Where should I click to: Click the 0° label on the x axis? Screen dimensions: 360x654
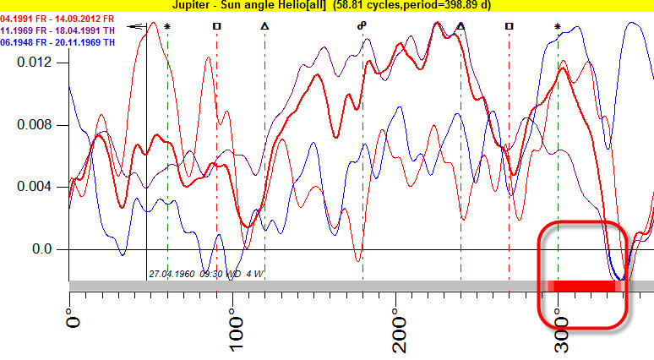[74, 320]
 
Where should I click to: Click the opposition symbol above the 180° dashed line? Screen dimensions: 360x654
[362, 26]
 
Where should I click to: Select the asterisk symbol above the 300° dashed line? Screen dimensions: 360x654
[558, 27]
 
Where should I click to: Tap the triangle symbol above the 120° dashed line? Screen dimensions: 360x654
[264, 26]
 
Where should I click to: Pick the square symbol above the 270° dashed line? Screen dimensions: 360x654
[509, 26]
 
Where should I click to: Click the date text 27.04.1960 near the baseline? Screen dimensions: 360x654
[172, 274]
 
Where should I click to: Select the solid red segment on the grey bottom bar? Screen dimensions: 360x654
[583, 286]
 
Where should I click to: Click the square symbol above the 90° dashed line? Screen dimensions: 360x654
[216, 26]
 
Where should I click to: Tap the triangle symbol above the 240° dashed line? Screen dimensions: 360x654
[461, 26]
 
